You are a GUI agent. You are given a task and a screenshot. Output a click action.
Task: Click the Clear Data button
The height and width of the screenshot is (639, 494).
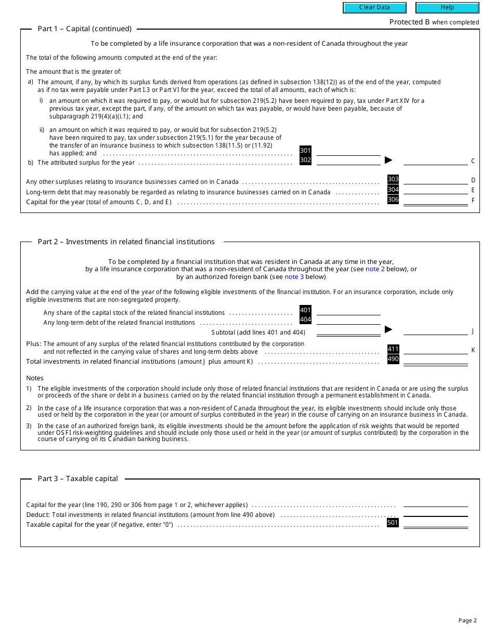click(374, 8)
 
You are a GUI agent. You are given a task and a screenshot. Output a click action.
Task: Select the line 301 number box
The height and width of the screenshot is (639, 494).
click(305, 151)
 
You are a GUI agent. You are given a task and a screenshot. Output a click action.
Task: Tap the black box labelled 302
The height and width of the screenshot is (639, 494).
click(305, 161)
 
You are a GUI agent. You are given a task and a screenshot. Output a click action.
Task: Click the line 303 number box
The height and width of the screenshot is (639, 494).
click(393, 180)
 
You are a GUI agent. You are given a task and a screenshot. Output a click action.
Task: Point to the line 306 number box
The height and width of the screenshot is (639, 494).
click(393, 199)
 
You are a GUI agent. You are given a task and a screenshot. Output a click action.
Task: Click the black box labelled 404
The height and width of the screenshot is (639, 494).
click(305, 320)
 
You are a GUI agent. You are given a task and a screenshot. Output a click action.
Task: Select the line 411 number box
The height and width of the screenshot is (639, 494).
click(393, 350)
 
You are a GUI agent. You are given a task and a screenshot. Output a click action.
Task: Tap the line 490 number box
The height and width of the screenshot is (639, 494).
click(393, 360)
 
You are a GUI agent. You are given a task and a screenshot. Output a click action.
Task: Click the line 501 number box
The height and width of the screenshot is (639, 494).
click(393, 523)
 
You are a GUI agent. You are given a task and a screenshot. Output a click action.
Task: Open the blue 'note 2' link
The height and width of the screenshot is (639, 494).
click(375, 269)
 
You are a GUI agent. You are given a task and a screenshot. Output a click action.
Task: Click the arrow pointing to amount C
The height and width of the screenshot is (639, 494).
click(388, 160)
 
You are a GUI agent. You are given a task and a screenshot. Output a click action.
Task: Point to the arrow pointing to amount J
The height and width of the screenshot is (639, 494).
click(388, 329)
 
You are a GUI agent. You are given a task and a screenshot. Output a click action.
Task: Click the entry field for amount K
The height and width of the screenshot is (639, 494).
click(436, 350)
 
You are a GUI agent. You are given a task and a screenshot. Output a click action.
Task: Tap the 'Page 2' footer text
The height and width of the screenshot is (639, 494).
click(467, 620)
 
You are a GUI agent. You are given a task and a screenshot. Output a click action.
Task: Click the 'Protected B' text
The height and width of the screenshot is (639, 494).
click(409, 22)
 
